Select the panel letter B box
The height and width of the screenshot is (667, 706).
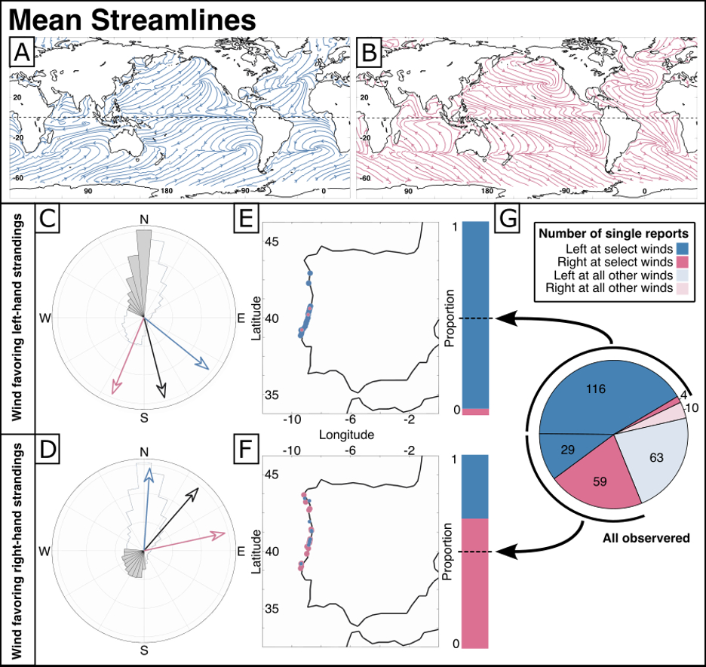tap(370, 54)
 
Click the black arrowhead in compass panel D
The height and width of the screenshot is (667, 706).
tap(194, 492)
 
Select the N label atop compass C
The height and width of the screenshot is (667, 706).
tap(144, 219)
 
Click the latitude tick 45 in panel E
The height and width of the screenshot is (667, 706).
tap(271, 241)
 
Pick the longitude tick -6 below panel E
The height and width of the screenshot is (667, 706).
tap(351, 421)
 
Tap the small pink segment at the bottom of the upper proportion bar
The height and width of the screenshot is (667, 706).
tap(476, 411)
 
